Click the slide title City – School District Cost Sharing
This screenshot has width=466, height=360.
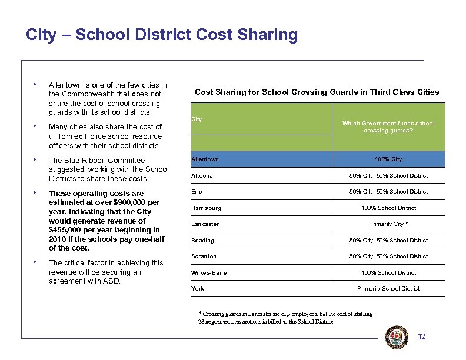click(162, 35)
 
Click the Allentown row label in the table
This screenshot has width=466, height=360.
click(205, 159)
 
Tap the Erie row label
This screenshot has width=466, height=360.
click(197, 192)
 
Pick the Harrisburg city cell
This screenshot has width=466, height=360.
click(207, 208)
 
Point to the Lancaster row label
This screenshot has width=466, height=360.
click(205, 224)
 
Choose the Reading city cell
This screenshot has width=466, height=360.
click(202, 241)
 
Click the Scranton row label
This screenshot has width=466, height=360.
click(204, 256)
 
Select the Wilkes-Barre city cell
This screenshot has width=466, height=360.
click(209, 273)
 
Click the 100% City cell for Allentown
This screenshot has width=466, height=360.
click(388, 159)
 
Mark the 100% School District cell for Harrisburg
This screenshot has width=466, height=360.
click(388, 208)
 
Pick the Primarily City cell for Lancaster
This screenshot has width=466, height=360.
click(388, 224)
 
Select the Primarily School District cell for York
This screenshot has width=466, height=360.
click(388, 289)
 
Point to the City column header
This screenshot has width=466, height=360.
click(197, 119)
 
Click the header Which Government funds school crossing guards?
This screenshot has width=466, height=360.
click(388, 126)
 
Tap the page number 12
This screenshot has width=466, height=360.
click(421, 337)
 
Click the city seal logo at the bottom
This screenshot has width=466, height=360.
click(396, 338)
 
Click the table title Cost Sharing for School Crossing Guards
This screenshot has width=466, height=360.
click(317, 92)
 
